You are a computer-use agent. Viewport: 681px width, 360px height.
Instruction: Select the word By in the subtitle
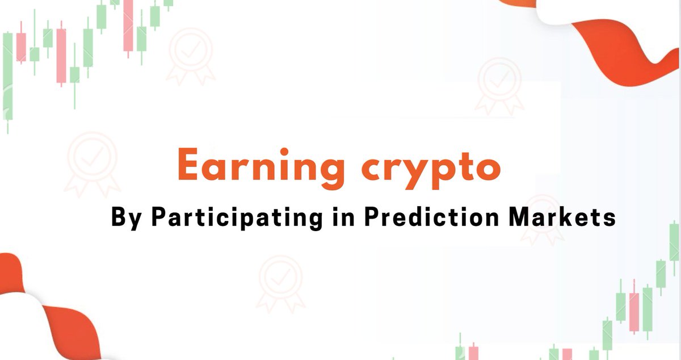(125, 219)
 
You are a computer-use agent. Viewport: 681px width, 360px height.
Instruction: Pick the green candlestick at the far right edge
(674, 241)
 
